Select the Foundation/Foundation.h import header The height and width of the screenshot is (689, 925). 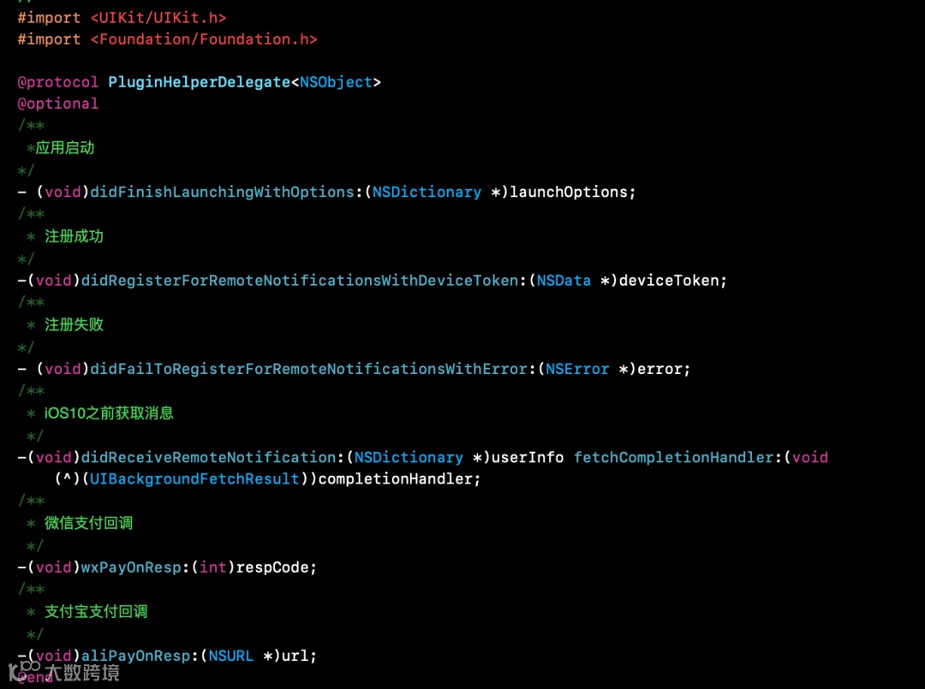(x=204, y=39)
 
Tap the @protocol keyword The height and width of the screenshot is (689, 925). (x=58, y=82)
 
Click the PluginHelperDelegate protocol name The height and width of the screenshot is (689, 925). (x=199, y=82)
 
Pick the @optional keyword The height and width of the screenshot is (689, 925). (x=58, y=104)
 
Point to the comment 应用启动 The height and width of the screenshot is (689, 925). (x=65, y=148)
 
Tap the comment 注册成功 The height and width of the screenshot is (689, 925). (x=74, y=236)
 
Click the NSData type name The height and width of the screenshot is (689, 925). (x=564, y=281)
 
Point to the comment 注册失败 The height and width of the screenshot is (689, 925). (x=74, y=325)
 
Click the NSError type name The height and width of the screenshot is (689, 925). (x=577, y=369)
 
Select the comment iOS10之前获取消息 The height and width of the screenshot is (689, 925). (x=109, y=413)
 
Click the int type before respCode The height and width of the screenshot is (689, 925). (x=213, y=567)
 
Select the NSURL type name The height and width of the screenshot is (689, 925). (x=231, y=656)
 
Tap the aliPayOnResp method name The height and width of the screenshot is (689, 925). (x=136, y=656)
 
